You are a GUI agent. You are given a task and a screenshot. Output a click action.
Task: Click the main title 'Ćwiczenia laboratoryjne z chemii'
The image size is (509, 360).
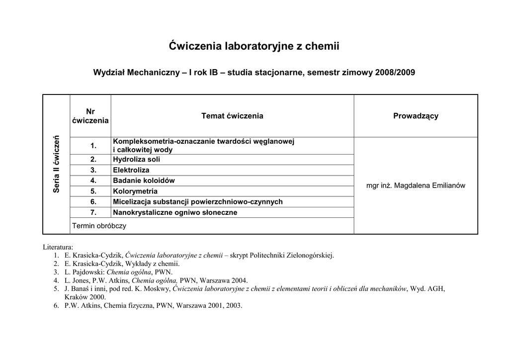tap(254, 47)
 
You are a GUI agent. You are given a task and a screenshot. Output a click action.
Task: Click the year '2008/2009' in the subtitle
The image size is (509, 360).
tap(395, 73)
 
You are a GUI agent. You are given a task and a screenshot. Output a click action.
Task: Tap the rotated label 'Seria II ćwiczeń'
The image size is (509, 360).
tap(57, 164)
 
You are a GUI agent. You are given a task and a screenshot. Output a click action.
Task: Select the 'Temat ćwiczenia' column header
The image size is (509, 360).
tap(232, 116)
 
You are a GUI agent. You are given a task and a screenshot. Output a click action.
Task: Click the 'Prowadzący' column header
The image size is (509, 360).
tap(416, 116)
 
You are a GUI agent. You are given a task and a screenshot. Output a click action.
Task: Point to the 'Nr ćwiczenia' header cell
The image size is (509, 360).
tap(90, 116)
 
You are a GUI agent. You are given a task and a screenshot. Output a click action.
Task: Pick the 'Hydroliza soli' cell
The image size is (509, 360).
tap(137, 160)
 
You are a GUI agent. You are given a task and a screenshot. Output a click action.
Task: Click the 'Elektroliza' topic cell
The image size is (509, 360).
tap(131, 170)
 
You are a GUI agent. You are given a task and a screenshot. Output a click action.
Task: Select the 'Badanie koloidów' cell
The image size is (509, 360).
tap(144, 180)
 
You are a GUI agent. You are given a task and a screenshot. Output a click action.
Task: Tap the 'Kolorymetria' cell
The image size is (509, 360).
tap(135, 191)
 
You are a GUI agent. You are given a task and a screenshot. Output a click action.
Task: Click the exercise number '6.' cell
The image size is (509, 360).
tap(93, 201)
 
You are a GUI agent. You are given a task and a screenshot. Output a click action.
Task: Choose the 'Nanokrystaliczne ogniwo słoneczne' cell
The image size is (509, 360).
tap(175, 212)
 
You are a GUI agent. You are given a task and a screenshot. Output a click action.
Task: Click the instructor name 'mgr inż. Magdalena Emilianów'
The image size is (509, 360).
tap(416, 185)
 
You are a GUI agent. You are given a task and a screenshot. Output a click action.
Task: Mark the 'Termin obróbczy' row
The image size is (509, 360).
tap(99, 226)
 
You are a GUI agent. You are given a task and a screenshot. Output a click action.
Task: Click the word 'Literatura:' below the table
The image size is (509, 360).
tap(58, 247)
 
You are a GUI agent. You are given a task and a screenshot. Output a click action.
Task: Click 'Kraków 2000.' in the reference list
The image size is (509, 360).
tap(85, 297)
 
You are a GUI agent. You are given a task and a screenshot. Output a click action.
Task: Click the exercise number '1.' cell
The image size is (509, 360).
tap(93, 145)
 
